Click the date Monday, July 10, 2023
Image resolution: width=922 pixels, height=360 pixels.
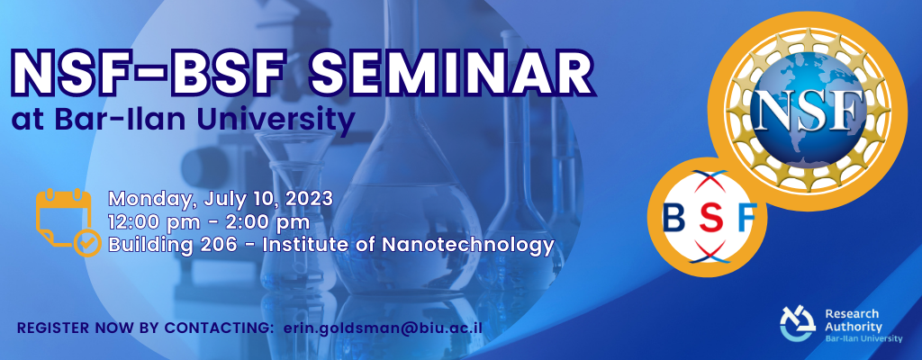click(x=221, y=199)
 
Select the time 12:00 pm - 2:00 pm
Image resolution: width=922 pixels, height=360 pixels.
click(x=209, y=222)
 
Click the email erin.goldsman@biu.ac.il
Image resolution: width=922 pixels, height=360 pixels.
click(x=383, y=328)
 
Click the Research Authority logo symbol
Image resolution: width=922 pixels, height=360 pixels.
click(x=798, y=323)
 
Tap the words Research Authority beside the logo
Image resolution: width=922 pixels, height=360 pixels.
click(x=854, y=320)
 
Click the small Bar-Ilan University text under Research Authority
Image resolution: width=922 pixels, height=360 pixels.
click(x=863, y=338)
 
